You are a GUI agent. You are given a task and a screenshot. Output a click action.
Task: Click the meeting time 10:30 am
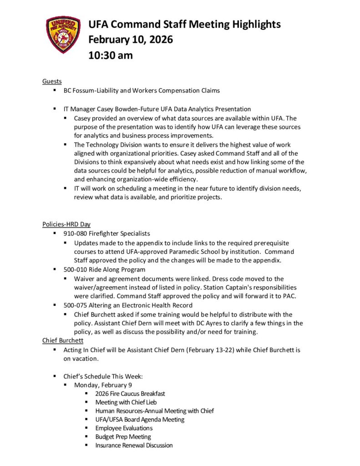click(x=111, y=56)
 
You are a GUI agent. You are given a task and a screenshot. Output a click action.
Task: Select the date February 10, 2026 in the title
click(x=131, y=40)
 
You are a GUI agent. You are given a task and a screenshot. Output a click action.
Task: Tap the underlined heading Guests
click(x=52, y=81)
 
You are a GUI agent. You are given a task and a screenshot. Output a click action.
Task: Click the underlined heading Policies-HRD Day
click(x=66, y=224)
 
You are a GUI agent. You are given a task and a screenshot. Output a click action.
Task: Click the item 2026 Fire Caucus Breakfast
click(x=130, y=394)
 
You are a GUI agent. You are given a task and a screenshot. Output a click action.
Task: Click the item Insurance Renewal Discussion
click(x=134, y=446)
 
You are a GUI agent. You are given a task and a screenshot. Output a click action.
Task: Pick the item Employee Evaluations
click(x=124, y=428)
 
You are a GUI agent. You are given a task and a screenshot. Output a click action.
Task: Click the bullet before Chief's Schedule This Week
click(x=55, y=376)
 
